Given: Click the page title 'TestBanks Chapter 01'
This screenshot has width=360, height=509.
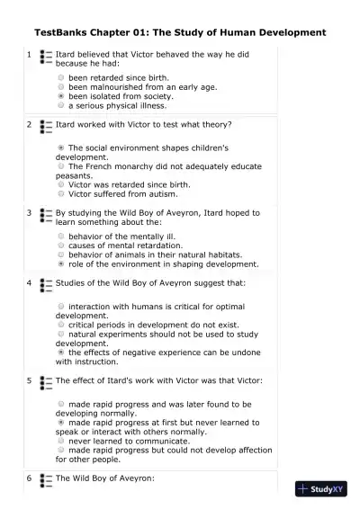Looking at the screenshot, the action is (180, 32).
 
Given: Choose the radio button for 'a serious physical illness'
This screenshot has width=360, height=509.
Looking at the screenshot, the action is (60, 105).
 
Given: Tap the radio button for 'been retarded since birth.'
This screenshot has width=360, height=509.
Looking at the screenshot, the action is (60, 78).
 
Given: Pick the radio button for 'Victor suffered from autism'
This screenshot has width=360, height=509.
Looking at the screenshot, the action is (60, 192).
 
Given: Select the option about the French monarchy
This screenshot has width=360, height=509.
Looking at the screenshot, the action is (60, 166).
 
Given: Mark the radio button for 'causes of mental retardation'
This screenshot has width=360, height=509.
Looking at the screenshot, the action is (60, 245).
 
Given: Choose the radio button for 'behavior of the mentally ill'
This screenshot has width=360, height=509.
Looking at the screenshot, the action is (60, 235).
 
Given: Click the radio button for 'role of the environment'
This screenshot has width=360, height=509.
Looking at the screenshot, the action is (60, 264).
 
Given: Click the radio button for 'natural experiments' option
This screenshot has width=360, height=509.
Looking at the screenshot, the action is (60, 335).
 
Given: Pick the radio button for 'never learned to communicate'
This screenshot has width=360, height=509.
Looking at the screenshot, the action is (60, 441).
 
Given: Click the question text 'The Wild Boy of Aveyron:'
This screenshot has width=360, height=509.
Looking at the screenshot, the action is (105, 478).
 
